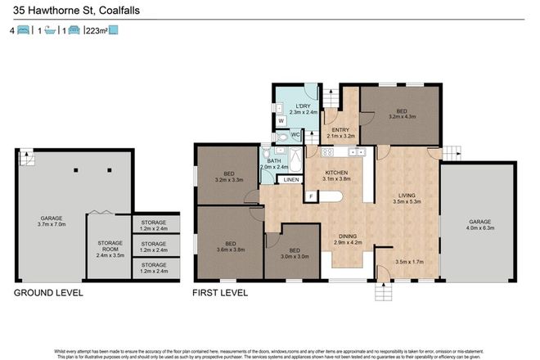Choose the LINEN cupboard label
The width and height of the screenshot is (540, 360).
(x=290, y=179)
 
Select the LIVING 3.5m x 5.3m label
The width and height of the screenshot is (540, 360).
(x=407, y=199)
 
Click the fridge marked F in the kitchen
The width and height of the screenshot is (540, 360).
(x=310, y=196)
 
